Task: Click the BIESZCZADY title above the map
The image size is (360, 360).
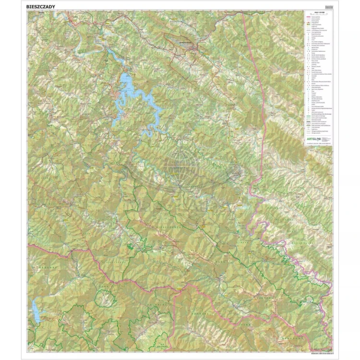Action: coord(42,7)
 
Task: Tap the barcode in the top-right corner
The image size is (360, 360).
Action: coord(328,7)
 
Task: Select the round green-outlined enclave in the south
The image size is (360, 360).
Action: coord(106,300)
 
